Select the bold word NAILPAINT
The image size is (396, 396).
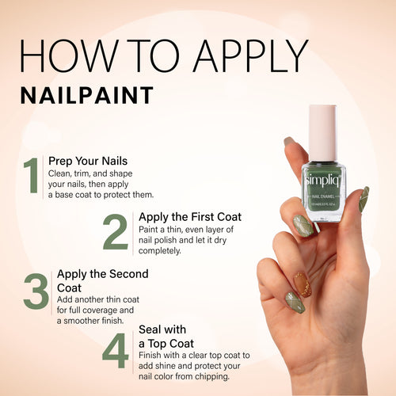pyautogui.click(x=87, y=95)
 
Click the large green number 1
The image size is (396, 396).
pyautogui.click(x=31, y=176)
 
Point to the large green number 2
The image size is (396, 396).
pyautogui.click(x=116, y=233)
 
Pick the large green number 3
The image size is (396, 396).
pyautogui.click(x=36, y=291)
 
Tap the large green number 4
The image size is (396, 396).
pyautogui.click(x=116, y=350)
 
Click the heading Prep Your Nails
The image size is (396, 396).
pyautogui.click(x=88, y=160)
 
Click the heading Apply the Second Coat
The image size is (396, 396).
pyautogui.click(x=102, y=280)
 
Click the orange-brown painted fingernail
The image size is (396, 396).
pyautogui.click(x=303, y=284)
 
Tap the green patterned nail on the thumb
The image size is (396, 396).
pyautogui.click(x=364, y=200)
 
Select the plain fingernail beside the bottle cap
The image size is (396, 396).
pyautogui.click(x=290, y=143)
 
